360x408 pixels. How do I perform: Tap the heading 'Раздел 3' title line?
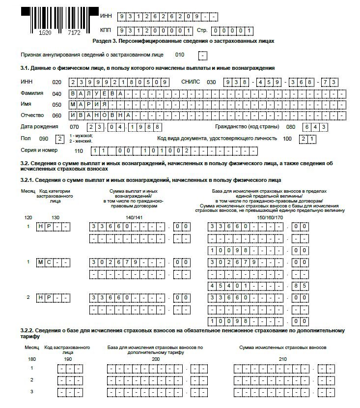[x=183, y=41]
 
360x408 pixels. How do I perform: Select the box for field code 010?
[x=203, y=55]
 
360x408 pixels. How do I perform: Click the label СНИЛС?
[x=191, y=82]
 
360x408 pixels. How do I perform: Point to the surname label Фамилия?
[x=32, y=93]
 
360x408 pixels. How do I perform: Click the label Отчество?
[x=32, y=116]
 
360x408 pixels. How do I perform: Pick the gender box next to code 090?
[x=59, y=139]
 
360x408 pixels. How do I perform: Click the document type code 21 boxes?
[x=308, y=139]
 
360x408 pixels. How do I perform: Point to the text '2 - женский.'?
[x=81, y=141]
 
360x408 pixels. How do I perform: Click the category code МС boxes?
[x=54, y=262]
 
